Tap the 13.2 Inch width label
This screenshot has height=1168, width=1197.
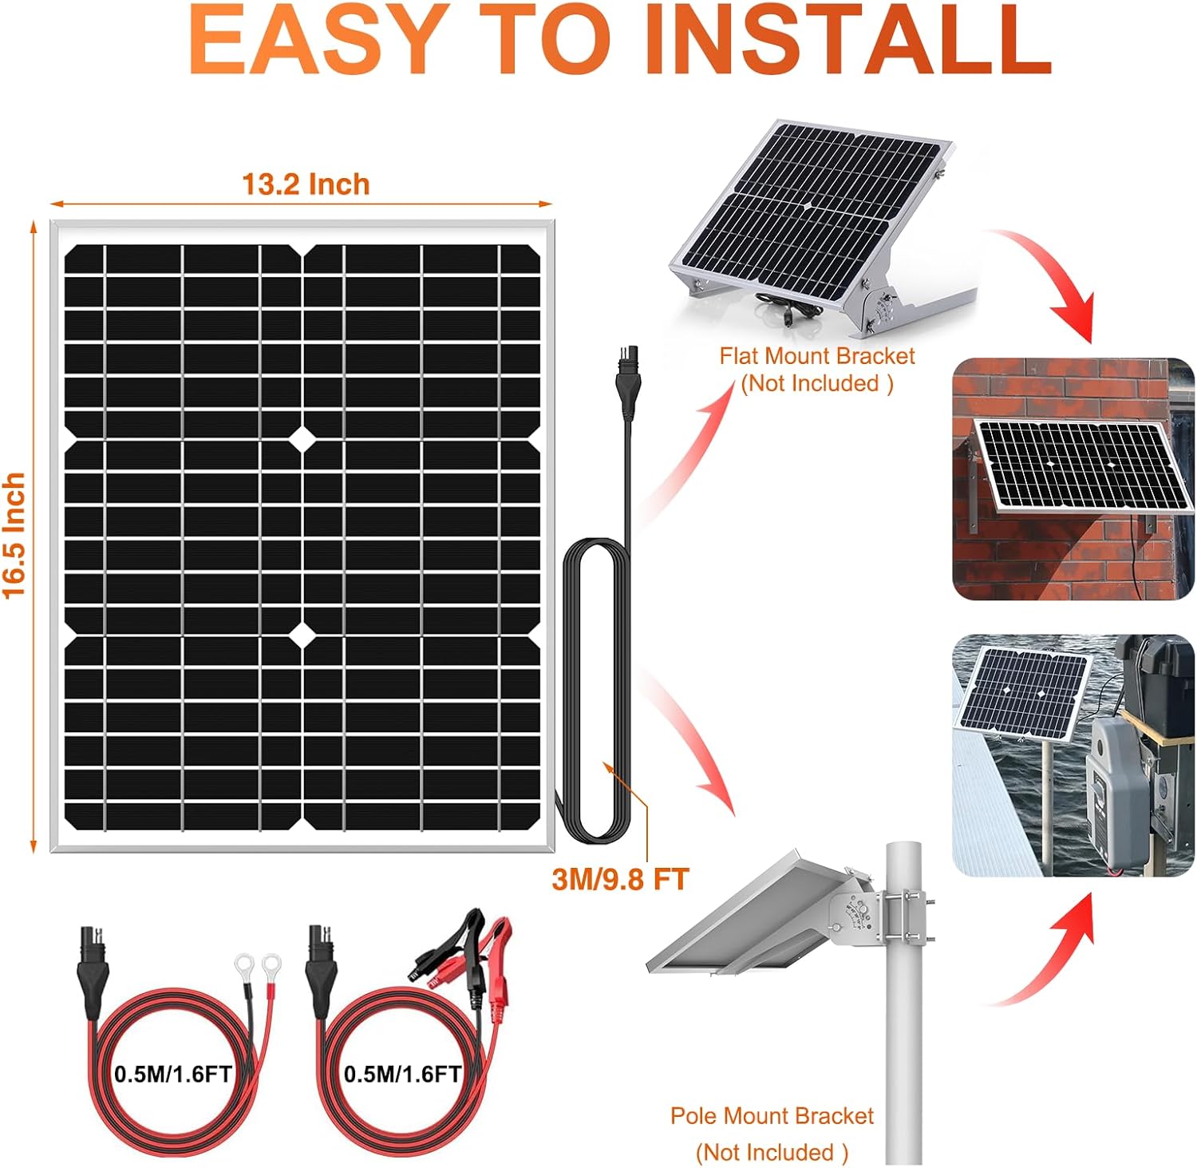306,184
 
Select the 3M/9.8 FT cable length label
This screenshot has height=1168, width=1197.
620,879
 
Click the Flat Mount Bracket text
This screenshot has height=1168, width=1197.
816,356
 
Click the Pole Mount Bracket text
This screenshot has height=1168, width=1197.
772,1115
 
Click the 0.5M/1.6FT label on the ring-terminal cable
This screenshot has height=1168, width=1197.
172,1074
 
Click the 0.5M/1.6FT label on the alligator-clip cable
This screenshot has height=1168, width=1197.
402,1074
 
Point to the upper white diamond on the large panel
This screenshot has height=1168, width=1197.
302,438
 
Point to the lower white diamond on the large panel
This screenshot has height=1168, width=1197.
302,635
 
